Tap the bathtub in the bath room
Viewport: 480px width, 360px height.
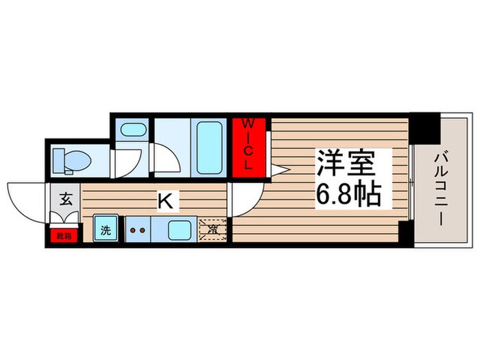(209, 147)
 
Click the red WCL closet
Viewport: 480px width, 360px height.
(250, 145)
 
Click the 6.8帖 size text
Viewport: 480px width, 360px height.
(349, 195)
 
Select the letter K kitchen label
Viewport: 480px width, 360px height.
(165, 201)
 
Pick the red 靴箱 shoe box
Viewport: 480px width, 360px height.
(63, 235)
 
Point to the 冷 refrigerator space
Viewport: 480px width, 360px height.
(213, 228)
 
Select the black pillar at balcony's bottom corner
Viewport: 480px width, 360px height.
(406, 234)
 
